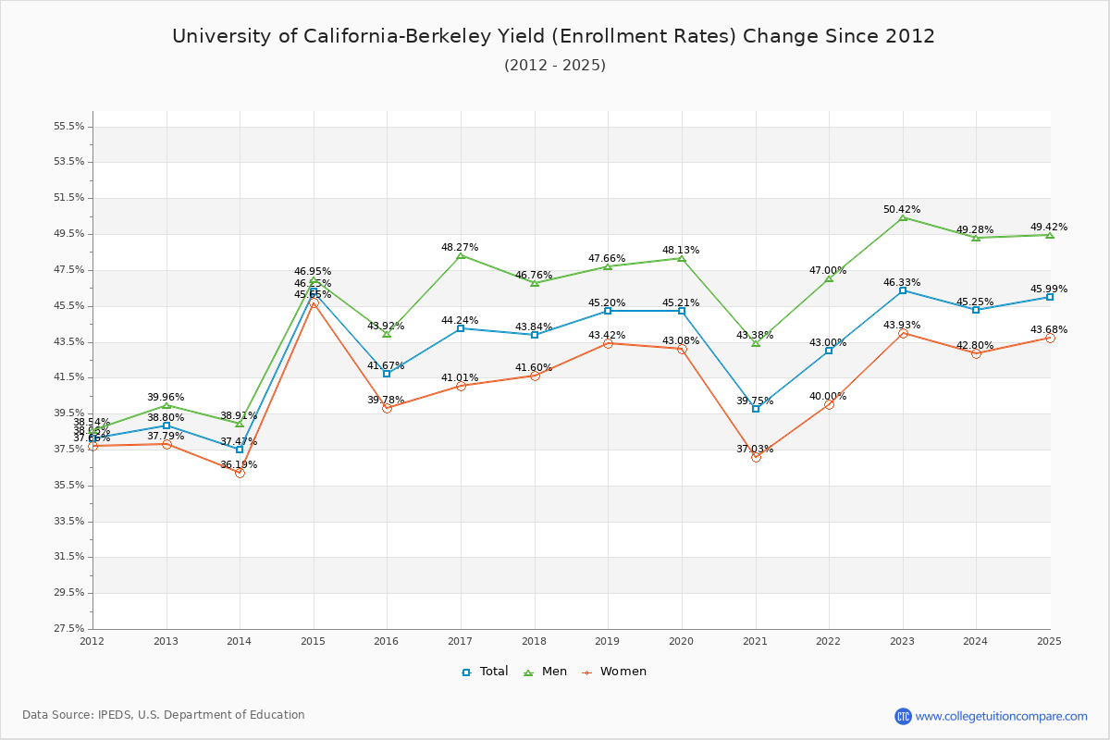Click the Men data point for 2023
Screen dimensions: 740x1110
coord(903,217)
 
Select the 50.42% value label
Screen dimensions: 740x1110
coord(902,210)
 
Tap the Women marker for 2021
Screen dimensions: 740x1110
coord(756,457)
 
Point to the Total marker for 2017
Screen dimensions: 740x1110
coord(461,328)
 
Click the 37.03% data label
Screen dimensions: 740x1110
coord(755,449)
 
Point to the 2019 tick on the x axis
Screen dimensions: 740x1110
coord(608,640)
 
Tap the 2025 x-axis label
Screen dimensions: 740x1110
coord(1049,640)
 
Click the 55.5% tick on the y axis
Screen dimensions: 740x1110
coord(70,126)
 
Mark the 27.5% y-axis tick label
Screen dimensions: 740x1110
coord(70,628)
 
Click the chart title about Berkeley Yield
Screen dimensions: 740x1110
coord(553,36)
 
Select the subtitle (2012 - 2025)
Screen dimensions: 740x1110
coord(555,66)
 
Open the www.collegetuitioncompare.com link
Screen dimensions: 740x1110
coord(1001,716)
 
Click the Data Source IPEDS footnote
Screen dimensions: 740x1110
coord(164,715)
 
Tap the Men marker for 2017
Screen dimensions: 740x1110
coord(461,255)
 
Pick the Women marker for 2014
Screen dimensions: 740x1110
coord(240,473)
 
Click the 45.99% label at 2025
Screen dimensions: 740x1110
coord(1048,290)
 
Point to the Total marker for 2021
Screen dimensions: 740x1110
coord(756,408)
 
